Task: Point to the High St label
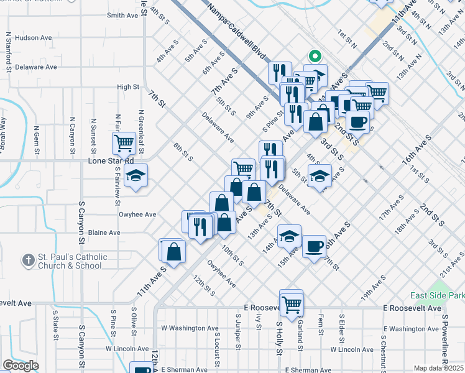click(127, 87)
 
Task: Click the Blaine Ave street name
click(104, 233)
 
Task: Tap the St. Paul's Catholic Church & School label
click(71, 261)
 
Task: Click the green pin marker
click(315, 57)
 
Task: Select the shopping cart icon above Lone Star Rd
click(123, 142)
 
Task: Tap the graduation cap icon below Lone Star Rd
click(135, 176)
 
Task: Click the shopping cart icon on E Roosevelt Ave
click(290, 303)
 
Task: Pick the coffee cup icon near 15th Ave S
click(313, 246)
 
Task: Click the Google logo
click(21, 366)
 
